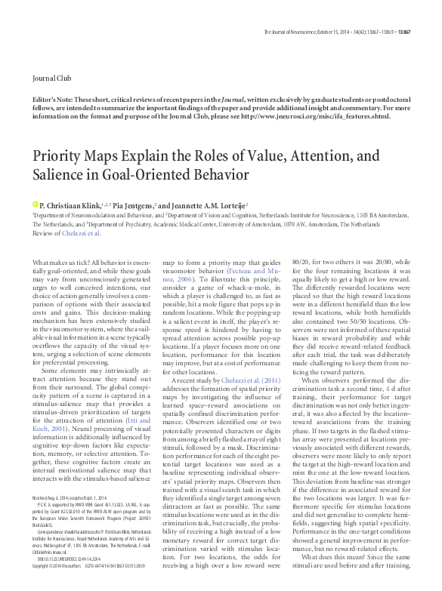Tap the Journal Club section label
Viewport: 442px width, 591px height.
point(50,78)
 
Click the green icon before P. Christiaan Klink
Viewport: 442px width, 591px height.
point(35,205)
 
